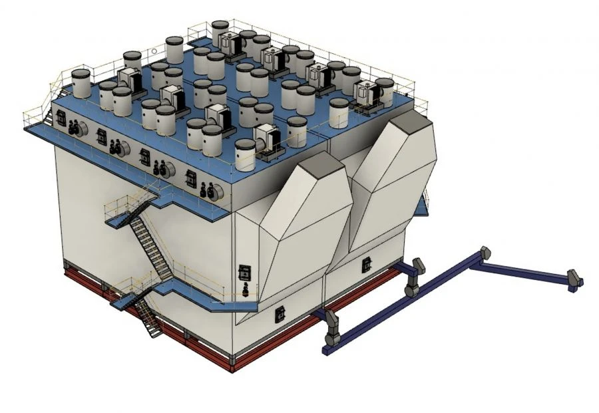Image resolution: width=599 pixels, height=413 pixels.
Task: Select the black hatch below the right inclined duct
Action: (366, 265)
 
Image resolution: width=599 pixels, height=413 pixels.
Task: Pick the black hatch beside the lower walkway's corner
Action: (245, 273)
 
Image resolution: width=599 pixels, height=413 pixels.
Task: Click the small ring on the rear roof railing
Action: (152, 50)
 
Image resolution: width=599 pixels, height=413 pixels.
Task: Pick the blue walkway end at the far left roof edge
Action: (33, 128)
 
